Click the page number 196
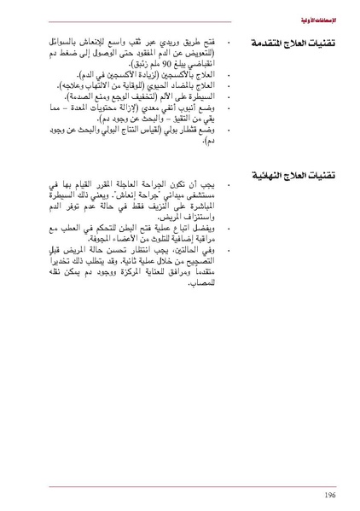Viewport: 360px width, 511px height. click(x=328, y=494)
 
